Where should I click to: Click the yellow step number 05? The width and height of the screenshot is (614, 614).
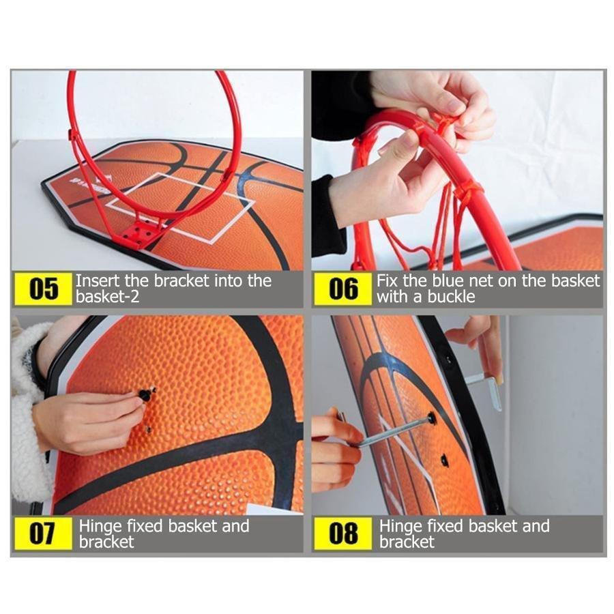coord(43,289)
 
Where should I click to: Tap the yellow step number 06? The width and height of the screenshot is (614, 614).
coord(342,289)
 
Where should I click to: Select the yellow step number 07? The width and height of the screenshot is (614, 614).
coord(43,533)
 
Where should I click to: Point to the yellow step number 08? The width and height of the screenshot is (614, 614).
coord(342,533)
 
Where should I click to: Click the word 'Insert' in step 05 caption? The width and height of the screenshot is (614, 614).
coord(98,281)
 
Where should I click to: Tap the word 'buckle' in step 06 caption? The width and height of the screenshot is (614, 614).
coord(451,297)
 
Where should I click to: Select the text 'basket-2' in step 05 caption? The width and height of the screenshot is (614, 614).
coord(107,297)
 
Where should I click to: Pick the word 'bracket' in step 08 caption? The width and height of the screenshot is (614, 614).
coord(407,542)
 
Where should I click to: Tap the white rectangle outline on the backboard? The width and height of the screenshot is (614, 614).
coord(181,207)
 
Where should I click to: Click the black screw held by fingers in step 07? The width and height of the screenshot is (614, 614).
coord(146,394)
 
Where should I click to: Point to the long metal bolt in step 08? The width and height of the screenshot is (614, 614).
coord(396,432)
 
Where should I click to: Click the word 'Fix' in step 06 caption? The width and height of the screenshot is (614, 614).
coord(388,281)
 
